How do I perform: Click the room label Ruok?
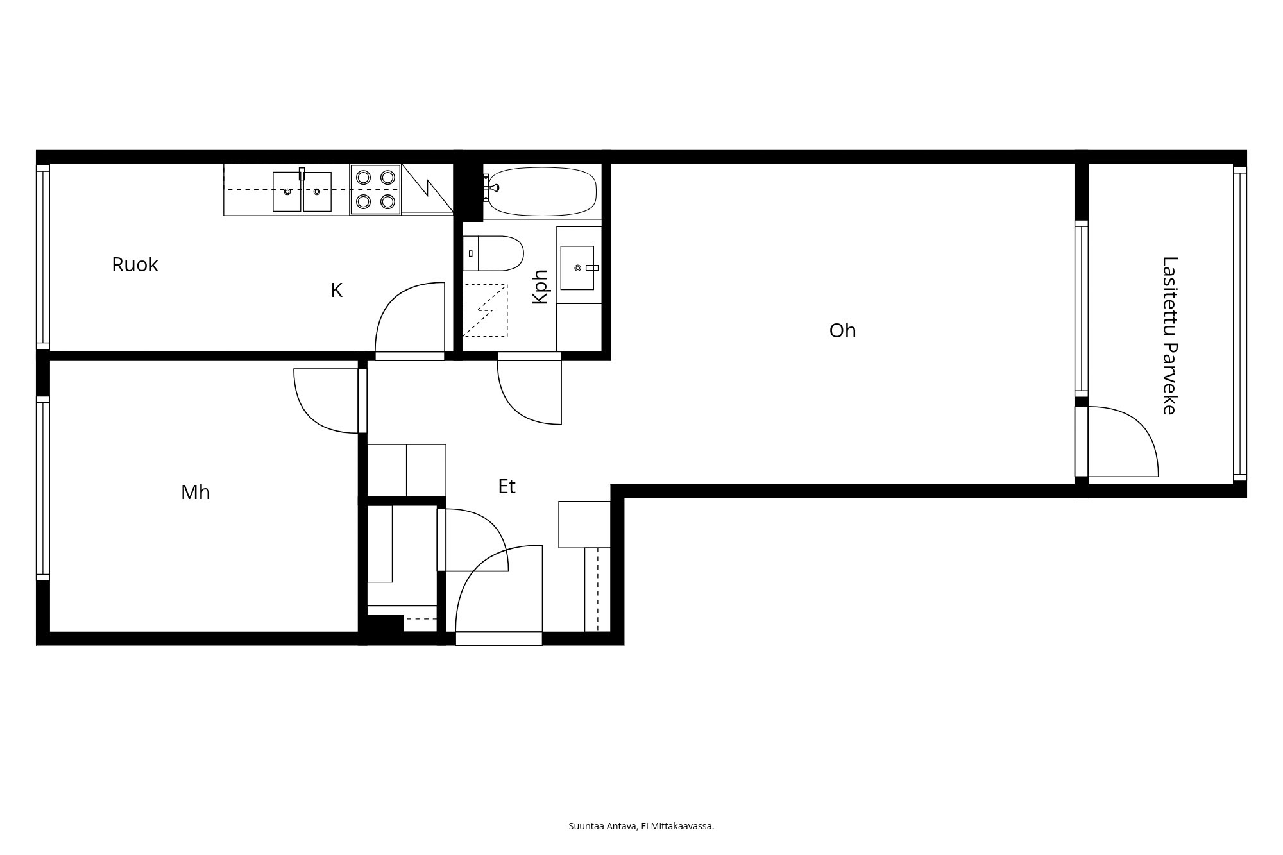[135, 264]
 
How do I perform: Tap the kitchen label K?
[337, 291]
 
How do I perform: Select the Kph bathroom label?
[541, 287]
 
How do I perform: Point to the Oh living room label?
[842, 330]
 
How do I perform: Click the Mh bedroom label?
[196, 492]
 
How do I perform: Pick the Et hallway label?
[507, 486]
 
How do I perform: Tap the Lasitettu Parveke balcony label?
[1170, 335]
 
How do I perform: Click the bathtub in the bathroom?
[542, 191]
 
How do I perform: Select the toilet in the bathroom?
[493, 253]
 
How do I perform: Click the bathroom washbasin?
[577, 267]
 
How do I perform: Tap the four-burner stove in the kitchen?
[375, 189]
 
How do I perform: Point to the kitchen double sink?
[302, 191]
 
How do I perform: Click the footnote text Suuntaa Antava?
[603, 826]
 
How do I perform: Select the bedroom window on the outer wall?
[43, 489]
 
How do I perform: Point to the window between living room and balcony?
[1082, 309]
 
